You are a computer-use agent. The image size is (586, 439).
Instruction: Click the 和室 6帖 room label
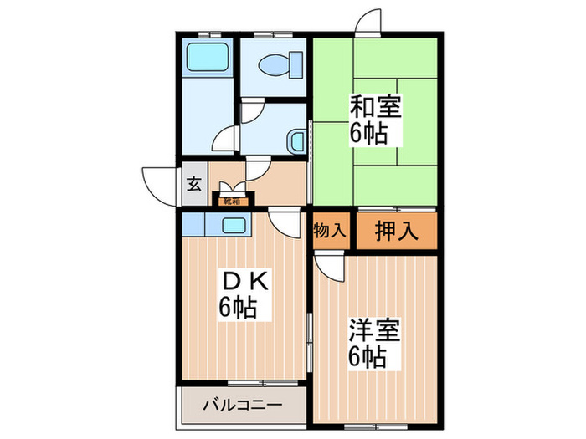[375, 119]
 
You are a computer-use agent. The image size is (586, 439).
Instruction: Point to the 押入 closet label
[396, 231]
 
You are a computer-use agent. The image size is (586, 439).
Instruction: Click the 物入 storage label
[329, 230]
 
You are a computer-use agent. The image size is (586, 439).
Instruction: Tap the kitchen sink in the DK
[234, 225]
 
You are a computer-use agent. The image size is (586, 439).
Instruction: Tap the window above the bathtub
[205, 35]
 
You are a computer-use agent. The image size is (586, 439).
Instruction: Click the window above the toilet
[272, 35]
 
